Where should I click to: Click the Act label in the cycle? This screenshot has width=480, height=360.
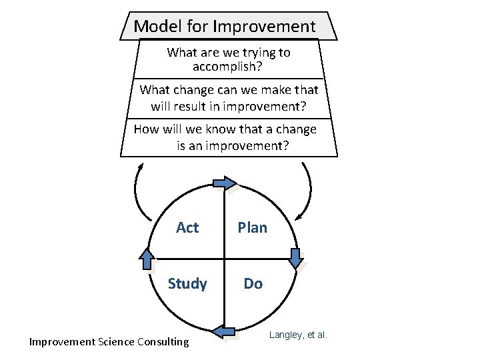tap(187, 228)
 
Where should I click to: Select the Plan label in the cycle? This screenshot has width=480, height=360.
tap(253, 228)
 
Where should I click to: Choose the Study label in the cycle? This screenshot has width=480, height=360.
tap(187, 284)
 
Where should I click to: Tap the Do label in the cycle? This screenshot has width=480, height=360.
tap(253, 284)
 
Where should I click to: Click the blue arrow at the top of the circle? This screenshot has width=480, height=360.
tap(225, 183)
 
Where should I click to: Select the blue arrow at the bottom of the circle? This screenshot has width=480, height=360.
tap(225, 331)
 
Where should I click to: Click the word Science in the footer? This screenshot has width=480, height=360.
tap(115, 342)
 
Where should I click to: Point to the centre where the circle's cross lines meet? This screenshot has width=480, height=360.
tap(225, 259)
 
